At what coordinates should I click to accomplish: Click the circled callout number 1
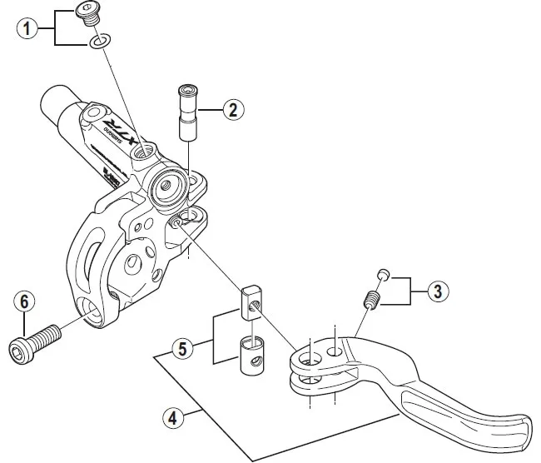click(28, 28)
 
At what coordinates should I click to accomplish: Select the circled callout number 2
click(234, 107)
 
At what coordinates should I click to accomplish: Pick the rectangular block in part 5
click(251, 302)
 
